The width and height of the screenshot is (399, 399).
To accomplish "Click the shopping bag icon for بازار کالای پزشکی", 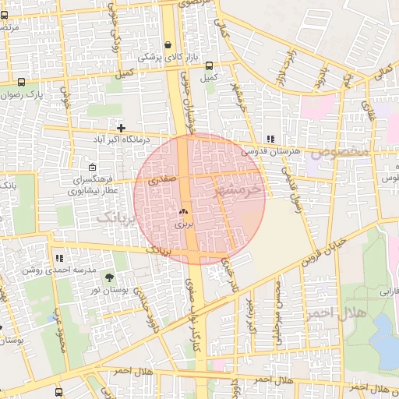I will coord(168,44).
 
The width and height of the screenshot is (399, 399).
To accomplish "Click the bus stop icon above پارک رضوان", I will coord(21,81).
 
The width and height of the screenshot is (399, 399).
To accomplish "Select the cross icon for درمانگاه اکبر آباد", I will coord(121,127).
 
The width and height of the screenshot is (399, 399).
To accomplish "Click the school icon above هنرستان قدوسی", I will coord(270,139).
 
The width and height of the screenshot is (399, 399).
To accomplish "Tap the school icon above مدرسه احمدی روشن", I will coord(59,257).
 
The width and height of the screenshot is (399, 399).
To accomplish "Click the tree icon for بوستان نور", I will coord(108,277).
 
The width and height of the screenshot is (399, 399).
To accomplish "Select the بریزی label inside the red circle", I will coord(182,224).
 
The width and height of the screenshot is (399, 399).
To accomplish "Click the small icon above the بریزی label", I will coord(184,211).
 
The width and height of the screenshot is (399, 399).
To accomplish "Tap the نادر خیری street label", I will coord(228,274).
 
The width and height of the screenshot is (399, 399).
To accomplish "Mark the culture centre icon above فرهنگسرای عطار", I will coord(93,168).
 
